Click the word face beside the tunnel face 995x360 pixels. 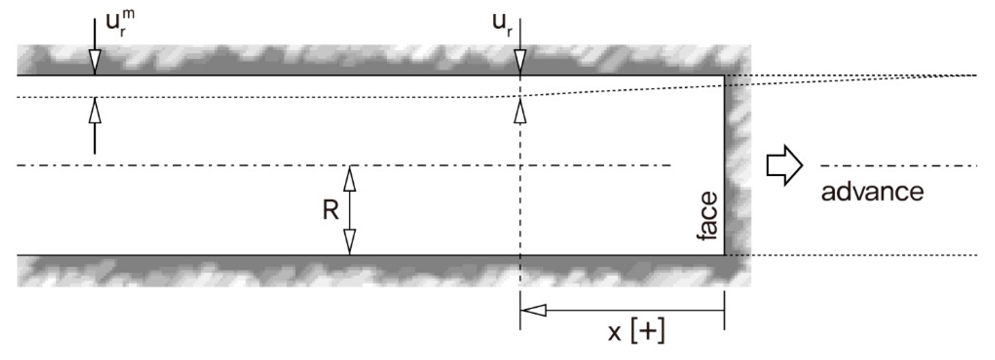[x=708, y=216]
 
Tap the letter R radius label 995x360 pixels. [x=330, y=210]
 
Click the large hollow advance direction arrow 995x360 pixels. [x=784, y=165]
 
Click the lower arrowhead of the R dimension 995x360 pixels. [x=349, y=242]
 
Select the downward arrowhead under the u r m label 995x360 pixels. [x=95, y=62]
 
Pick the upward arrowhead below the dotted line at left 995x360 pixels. [x=95, y=111]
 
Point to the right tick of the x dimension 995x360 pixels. [x=724, y=310]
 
